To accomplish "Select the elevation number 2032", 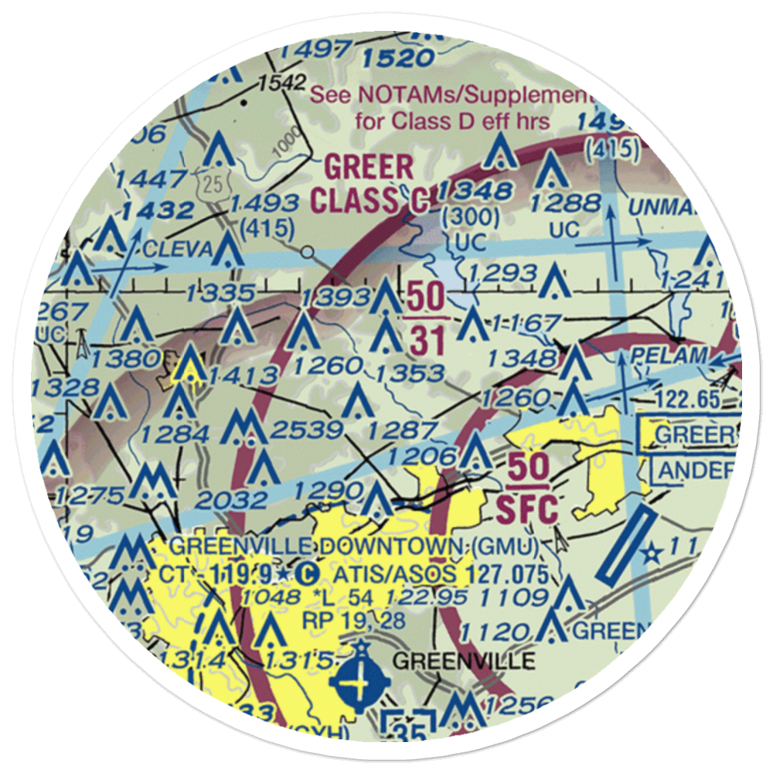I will click(x=230, y=500).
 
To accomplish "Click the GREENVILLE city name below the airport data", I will click(x=463, y=662).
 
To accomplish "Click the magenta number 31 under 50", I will click(x=425, y=339).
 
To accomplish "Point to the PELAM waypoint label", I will click(x=669, y=356).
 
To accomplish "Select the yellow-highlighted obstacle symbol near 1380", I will click(x=189, y=365).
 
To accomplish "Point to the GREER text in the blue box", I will click(x=691, y=435).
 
